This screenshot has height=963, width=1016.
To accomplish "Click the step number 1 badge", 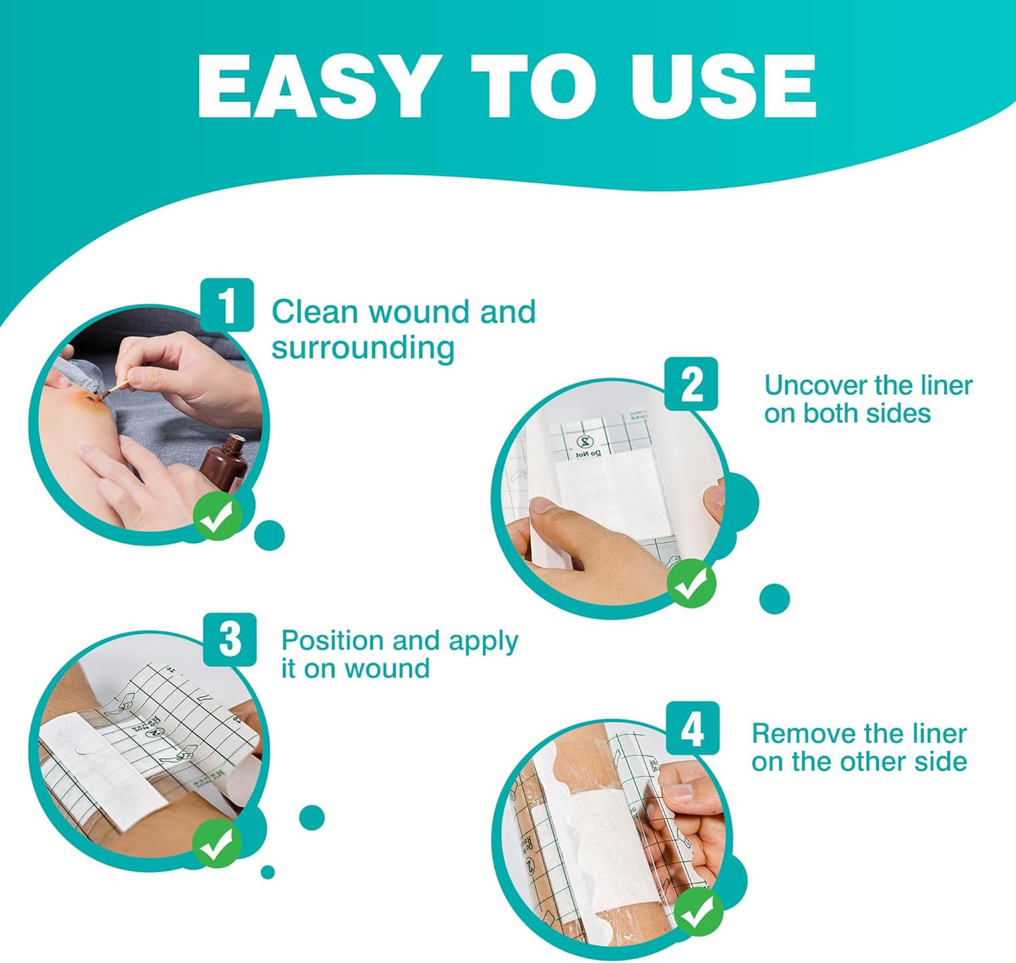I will click(x=226, y=305).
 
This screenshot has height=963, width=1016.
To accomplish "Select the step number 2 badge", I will click(x=691, y=384).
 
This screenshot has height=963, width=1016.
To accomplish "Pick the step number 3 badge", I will click(x=229, y=639).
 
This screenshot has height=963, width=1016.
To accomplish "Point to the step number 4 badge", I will click(x=692, y=728).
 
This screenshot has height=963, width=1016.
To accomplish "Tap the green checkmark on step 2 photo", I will click(x=691, y=582).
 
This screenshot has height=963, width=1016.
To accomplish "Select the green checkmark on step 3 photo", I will click(x=217, y=843).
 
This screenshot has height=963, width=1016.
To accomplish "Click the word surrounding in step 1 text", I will click(x=363, y=348).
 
